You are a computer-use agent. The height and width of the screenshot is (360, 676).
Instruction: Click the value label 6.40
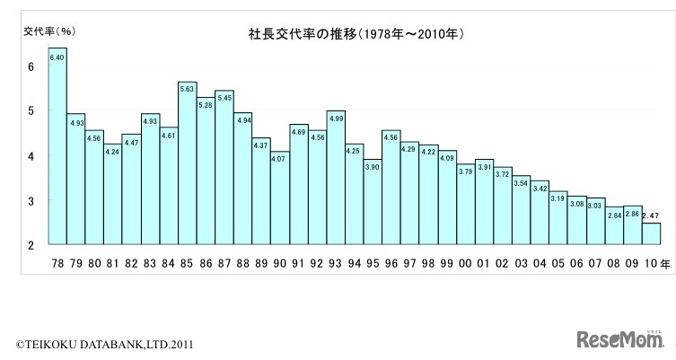coord(57,57)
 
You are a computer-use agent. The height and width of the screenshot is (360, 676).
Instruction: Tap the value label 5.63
coord(187,89)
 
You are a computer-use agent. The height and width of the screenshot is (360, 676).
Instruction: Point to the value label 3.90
coord(372,167)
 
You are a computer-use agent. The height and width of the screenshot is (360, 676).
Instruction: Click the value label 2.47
coord(650,215)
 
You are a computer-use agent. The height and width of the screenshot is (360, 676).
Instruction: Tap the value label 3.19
coord(557,198)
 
